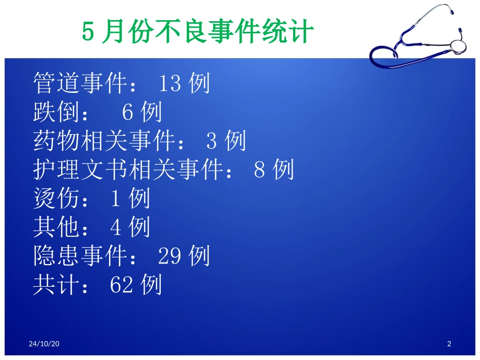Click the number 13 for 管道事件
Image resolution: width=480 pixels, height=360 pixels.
tap(170, 83)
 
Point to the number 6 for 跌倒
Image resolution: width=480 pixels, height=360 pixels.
tap(128, 112)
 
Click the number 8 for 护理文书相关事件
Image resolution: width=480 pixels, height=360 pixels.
tap(260, 170)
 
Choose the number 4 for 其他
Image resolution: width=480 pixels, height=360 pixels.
tap(115, 228)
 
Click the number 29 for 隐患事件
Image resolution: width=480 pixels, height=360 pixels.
tap(170, 256)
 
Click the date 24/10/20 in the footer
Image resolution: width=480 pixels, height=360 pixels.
tap(44, 344)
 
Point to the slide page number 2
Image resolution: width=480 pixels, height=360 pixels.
tap(449, 344)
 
